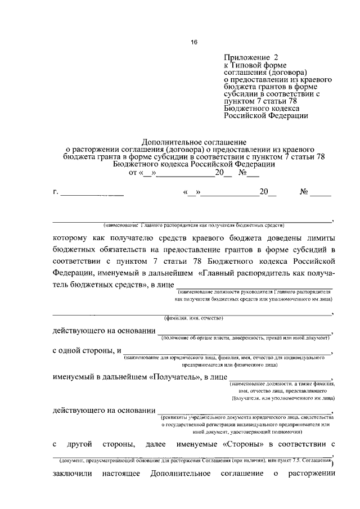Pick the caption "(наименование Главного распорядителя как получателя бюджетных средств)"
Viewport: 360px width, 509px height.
point(189,225)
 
